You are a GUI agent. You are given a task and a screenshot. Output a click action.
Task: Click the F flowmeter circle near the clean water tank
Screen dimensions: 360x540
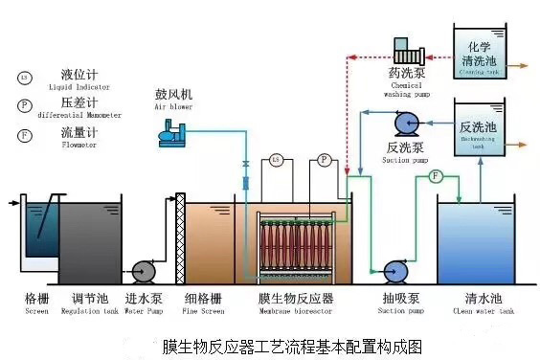tap(435, 176)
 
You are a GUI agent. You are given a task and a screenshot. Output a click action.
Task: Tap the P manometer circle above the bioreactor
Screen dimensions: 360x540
tap(324, 159)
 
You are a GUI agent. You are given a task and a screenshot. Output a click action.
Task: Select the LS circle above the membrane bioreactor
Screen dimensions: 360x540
tap(276, 159)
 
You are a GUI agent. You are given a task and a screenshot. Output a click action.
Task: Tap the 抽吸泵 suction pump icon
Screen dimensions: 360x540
tap(394, 272)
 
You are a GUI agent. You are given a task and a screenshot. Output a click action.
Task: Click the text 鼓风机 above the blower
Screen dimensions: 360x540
tap(173, 95)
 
